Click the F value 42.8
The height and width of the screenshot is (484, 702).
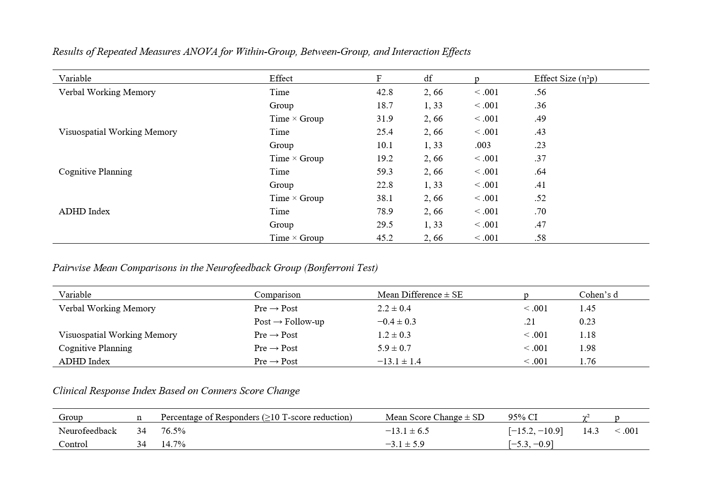pyautogui.click(x=384, y=92)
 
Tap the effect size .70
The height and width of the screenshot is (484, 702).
pyautogui.click(x=540, y=211)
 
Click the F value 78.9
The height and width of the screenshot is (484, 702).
pyautogui.click(x=384, y=211)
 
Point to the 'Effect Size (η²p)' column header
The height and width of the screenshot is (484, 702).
pyautogui.click(x=566, y=79)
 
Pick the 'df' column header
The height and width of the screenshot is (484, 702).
pyautogui.click(x=428, y=79)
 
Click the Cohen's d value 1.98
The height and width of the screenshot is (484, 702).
pyautogui.click(x=587, y=348)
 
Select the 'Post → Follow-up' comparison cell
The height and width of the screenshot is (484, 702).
pyautogui.click(x=289, y=322)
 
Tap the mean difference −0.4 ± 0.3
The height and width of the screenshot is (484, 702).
pyautogui.click(x=396, y=322)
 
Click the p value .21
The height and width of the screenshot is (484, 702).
pyautogui.click(x=529, y=322)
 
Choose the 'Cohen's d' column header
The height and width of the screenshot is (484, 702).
pyautogui.click(x=598, y=295)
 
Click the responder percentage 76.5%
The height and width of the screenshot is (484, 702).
pyautogui.click(x=173, y=431)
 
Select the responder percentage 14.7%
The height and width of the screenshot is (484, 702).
pyautogui.click(x=173, y=444)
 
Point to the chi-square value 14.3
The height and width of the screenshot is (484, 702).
pyautogui.click(x=591, y=431)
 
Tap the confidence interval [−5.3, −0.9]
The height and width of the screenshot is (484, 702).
pyautogui.click(x=531, y=444)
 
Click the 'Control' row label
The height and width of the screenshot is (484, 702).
pyautogui.click(x=73, y=444)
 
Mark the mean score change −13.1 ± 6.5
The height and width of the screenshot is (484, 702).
pyautogui.click(x=407, y=431)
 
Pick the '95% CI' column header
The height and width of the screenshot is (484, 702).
pyautogui.click(x=522, y=417)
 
